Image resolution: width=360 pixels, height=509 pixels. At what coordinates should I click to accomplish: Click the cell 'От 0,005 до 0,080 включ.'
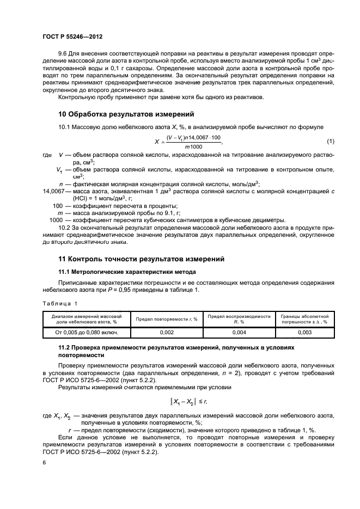[x=86, y=331]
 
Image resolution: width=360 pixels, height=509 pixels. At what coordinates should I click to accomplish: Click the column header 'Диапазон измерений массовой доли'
[x=86, y=319]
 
